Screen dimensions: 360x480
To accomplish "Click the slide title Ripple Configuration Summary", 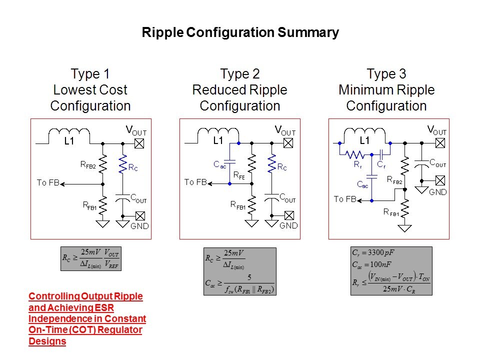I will (x=240, y=33).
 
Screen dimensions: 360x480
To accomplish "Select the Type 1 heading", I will (x=90, y=74).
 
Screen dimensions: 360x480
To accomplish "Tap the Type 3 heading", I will (x=386, y=74).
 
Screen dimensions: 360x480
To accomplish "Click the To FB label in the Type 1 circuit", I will (x=48, y=182).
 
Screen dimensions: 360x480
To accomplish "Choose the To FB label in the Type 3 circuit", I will (x=345, y=199).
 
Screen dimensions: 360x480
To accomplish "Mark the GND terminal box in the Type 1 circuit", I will (x=140, y=216).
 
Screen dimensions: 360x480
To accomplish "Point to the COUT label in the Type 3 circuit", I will (x=438, y=163).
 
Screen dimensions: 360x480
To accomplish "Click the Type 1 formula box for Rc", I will (x=90, y=258).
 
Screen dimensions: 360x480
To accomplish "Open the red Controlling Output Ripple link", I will (x=87, y=319).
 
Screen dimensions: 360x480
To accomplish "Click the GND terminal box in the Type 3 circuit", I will (x=440, y=179).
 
